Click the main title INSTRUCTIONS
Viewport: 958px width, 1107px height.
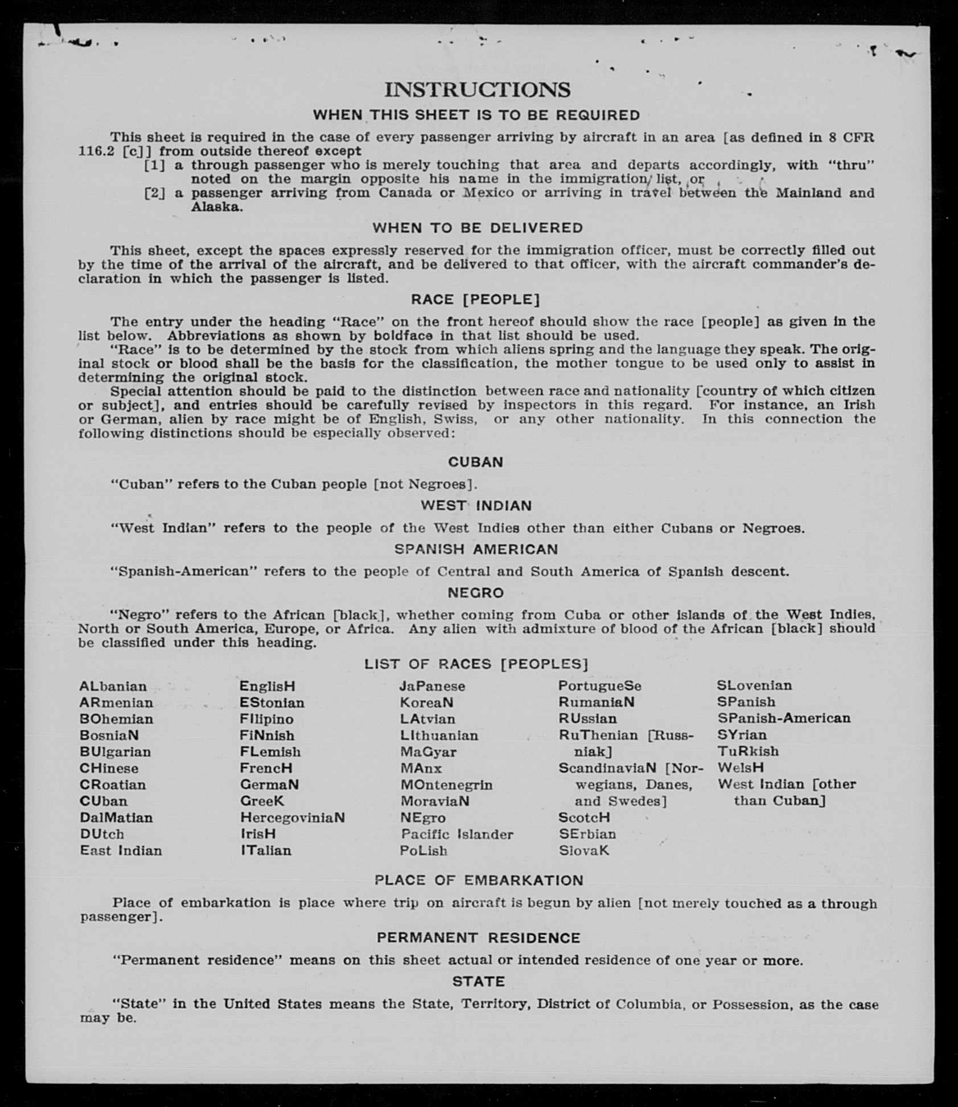point(477,90)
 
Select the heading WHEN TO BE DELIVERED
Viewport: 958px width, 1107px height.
point(478,228)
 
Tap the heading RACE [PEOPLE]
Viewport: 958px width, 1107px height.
point(475,300)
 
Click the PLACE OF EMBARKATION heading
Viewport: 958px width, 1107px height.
point(479,881)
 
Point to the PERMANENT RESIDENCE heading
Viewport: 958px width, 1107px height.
point(478,938)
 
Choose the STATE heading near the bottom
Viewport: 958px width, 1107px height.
point(479,982)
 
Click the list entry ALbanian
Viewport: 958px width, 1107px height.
point(113,687)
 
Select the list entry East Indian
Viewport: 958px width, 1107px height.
point(121,851)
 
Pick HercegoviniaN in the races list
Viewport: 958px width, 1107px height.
point(292,818)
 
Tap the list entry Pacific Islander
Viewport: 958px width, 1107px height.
point(457,835)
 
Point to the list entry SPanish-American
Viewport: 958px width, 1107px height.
point(783,718)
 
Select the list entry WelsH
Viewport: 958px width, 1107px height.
point(740,768)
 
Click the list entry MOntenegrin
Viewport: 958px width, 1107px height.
point(446,785)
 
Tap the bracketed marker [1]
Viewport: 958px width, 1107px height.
point(154,166)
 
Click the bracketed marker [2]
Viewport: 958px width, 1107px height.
point(154,193)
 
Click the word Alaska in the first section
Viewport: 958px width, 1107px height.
point(216,207)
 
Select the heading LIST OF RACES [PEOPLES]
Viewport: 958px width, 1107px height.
point(476,664)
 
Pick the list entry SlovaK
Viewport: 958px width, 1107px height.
point(583,851)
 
